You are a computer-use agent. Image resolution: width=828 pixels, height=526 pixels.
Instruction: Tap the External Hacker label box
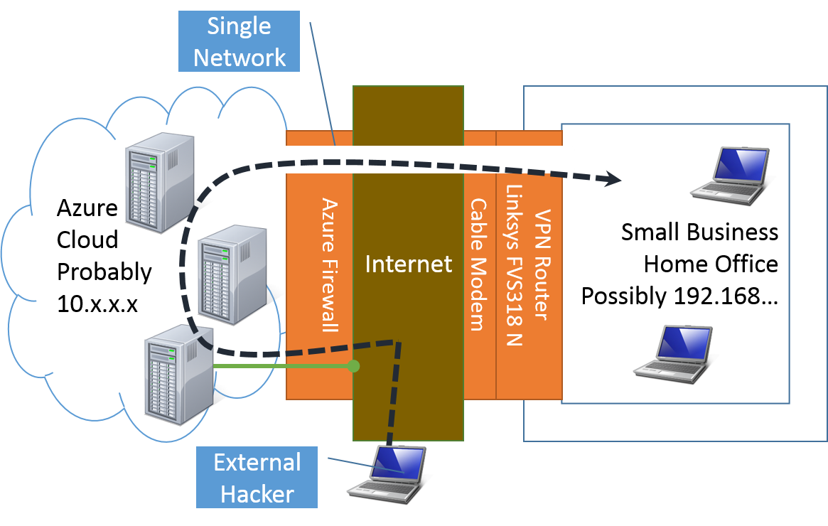(257, 478)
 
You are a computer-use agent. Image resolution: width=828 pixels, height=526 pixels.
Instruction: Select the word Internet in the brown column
(408, 264)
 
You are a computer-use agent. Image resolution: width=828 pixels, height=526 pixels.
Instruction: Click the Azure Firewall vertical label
(329, 264)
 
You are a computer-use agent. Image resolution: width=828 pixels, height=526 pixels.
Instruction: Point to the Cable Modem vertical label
(478, 264)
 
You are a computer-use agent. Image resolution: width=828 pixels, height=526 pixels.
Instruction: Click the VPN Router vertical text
(544, 264)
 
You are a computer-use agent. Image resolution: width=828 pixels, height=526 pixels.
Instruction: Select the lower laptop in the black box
(674, 353)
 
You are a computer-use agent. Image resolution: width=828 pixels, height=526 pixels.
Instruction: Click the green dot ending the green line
(354, 367)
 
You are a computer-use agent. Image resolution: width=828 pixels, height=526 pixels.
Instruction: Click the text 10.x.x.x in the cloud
(98, 304)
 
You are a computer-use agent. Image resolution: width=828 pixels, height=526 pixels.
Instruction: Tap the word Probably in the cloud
(104, 272)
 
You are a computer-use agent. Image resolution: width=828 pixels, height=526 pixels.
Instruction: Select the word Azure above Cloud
(87, 208)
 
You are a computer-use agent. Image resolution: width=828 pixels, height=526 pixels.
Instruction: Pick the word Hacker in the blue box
(257, 494)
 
